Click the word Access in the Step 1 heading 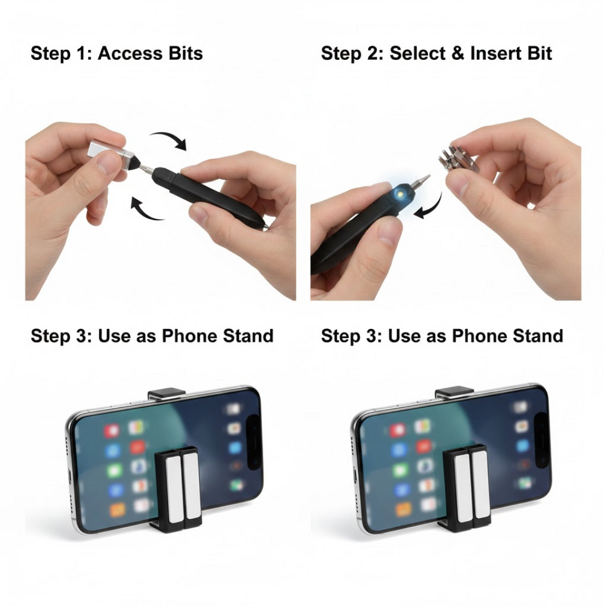(x=130, y=53)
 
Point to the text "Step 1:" (x=61, y=53)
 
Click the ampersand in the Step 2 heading (x=457, y=53)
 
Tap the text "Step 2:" (x=352, y=53)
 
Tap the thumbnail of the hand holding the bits (x=459, y=179)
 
